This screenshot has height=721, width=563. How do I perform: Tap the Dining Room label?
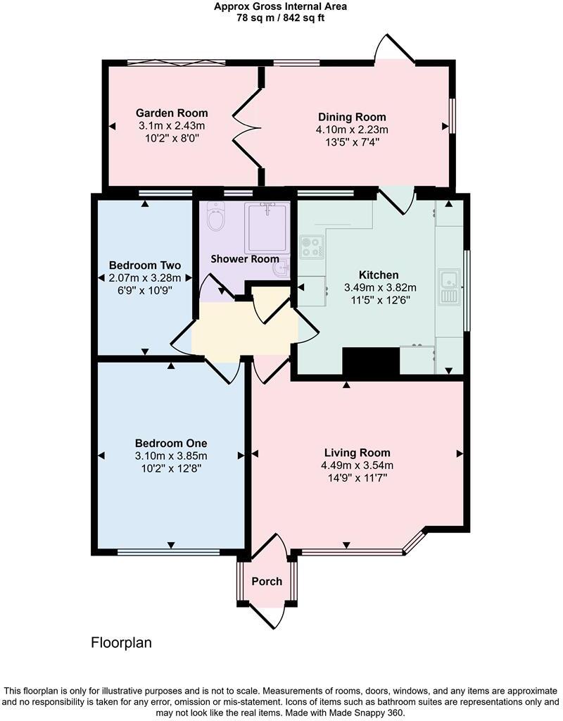352,117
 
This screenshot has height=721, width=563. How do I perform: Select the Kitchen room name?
379,275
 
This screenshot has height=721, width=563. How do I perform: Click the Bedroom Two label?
145,265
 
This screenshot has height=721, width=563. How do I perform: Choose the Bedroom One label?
171,444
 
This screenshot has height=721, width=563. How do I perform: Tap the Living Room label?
358,453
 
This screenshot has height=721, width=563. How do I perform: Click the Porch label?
267,582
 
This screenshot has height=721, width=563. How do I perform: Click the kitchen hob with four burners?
311,247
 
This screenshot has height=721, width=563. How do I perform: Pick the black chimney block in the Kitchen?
371,362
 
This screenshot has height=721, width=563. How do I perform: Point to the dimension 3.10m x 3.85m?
172,456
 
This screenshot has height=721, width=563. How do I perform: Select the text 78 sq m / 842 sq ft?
281,18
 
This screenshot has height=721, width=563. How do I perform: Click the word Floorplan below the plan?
122,643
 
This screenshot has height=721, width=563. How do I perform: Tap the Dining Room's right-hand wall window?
452,114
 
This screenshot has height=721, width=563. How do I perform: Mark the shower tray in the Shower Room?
267,227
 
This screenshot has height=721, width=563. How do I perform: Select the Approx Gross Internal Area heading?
281,7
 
